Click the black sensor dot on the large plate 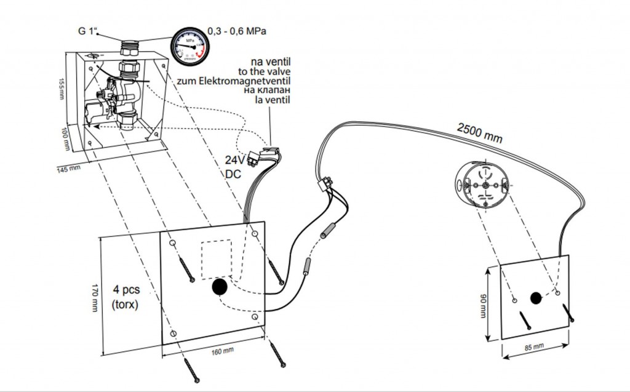pos(220,287)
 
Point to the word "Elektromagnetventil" pos(253,81)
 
